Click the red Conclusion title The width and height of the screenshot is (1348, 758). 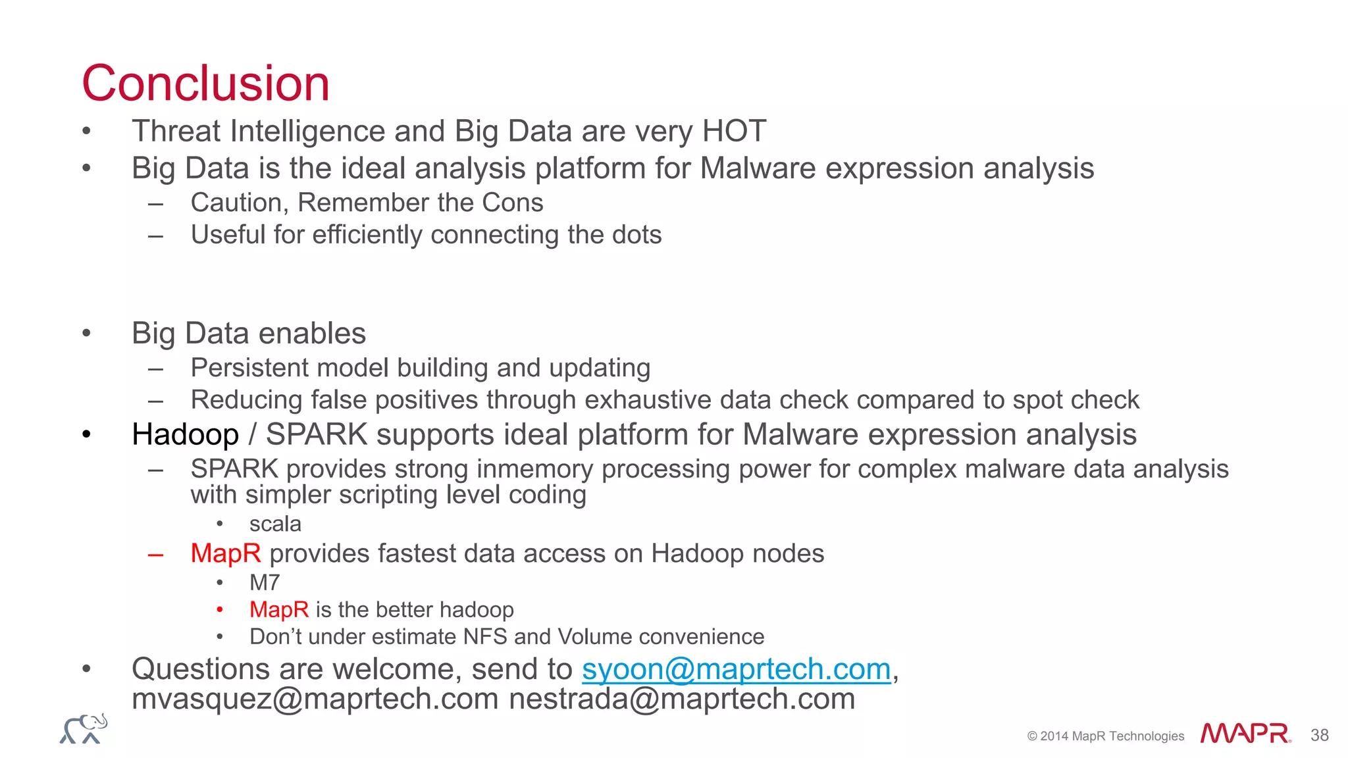(205, 84)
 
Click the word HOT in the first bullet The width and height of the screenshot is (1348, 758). (734, 131)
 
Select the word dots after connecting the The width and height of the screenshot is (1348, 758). (636, 235)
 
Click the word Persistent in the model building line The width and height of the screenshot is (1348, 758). (249, 368)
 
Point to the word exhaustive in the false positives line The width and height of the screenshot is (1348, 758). (648, 400)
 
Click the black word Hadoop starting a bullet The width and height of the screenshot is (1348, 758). (185, 435)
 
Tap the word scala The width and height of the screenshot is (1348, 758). (275, 524)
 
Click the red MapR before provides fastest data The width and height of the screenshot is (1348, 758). (225, 554)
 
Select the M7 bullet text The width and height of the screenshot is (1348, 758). (265, 583)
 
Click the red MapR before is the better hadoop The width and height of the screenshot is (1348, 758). (278, 610)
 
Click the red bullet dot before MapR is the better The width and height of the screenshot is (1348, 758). (220, 610)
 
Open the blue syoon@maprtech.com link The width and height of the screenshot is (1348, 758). (736, 670)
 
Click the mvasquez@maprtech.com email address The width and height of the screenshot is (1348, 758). (315, 699)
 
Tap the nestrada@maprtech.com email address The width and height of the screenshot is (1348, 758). (682, 699)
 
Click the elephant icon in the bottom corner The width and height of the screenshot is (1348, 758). (84, 729)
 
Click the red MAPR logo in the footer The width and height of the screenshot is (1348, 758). (1244, 734)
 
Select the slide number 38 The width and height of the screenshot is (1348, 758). (1319, 735)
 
